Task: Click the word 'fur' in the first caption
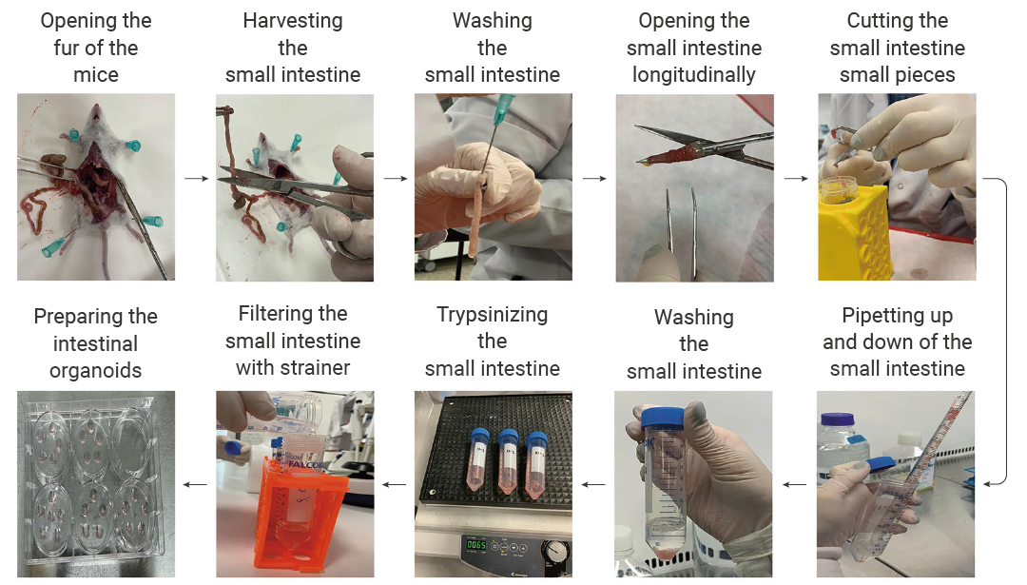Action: [x=67, y=48]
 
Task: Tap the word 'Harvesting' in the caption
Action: [x=293, y=21]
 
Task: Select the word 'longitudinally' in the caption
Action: [x=693, y=75]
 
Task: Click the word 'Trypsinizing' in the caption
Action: [x=493, y=315]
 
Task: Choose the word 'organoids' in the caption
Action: [x=96, y=371]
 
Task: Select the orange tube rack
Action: [x=298, y=517]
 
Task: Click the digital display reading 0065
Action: [x=476, y=545]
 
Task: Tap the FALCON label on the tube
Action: [x=302, y=464]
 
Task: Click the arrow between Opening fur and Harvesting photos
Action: [x=197, y=178]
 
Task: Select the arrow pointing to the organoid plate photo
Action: [x=195, y=485]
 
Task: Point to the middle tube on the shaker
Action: [x=508, y=461]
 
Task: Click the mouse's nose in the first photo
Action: [x=96, y=107]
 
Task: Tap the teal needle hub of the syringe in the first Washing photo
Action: [x=504, y=108]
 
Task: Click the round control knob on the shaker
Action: [x=556, y=553]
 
